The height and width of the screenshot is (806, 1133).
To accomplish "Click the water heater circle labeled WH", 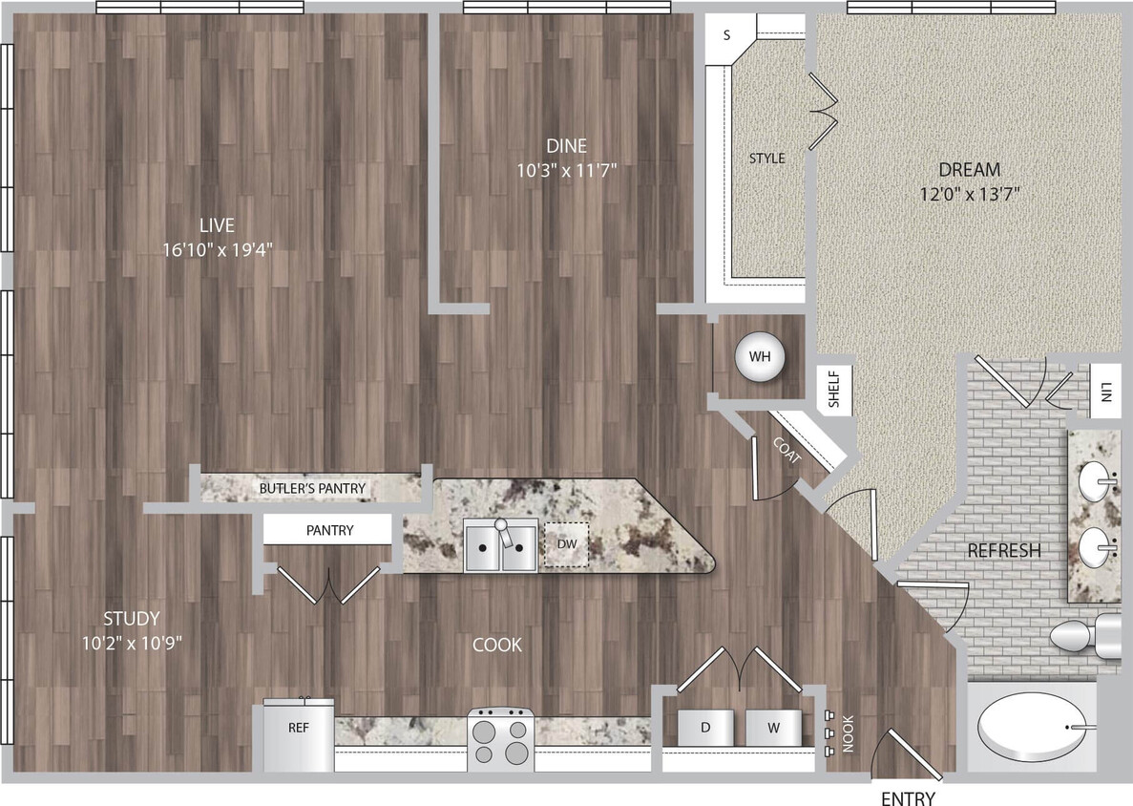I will (x=760, y=357).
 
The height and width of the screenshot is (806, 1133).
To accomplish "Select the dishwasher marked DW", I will (x=567, y=544).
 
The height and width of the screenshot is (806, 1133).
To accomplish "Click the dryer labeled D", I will (x=706, y=729).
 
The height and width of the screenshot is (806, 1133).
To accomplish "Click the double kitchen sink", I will (x=500, y=546).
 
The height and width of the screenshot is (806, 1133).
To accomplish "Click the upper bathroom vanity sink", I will (x=1098, y=477).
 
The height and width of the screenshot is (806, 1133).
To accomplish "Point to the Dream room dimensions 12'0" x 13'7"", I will (x=969, y=193).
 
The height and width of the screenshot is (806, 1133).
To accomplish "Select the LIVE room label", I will (x=217, y=225).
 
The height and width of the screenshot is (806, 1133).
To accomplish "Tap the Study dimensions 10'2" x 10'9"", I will (x=133, y=642).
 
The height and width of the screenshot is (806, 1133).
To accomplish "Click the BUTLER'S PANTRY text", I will (x=312, y=488).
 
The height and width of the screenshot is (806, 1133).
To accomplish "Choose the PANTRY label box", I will (x=329, y=530).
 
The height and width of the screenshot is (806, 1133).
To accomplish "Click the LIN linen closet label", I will (x=1105, y=392).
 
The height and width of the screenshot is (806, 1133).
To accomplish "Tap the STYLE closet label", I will (x=766, y=159).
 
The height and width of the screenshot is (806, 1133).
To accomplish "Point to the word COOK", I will (x=497, y=646).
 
